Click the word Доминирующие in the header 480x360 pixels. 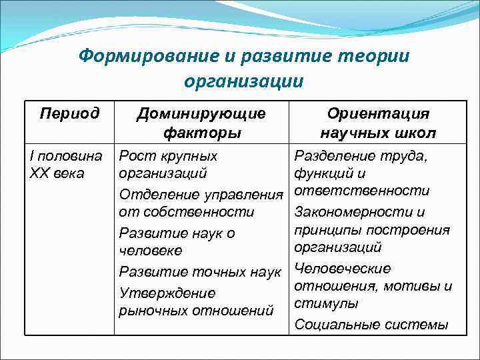201,113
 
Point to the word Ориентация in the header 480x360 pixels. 378,113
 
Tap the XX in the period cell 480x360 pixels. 39,174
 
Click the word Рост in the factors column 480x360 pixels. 138,157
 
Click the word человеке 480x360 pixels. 150,251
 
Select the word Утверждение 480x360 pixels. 167,293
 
